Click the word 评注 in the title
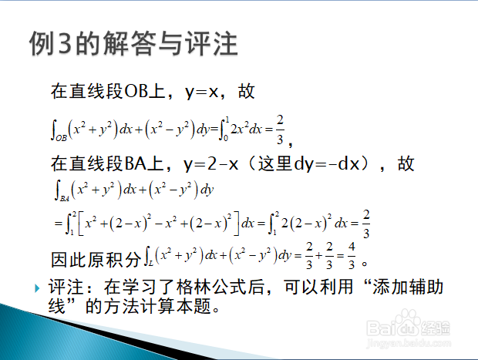(x=211, y=43)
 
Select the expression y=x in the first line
(x=201, y=92)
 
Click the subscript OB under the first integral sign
(x=61, y=138)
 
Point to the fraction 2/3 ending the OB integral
(x=280, y=130)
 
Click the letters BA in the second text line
(x=136, y=163)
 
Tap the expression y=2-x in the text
(x=210, y=164)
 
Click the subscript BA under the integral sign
(x=64, y=199)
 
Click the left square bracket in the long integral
(x=81, y=223)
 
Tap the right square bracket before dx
(x=236, y=223)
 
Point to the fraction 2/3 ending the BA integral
(x=366, y=224)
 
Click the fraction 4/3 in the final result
(x=352, y=255)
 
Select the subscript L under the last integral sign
(x=151, y=262)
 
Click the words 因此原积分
(x=96, y=260)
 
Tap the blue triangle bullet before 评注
(x=38, y=288)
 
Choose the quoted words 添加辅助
(x=407, y=287)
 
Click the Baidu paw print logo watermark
(x=408, y=319)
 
